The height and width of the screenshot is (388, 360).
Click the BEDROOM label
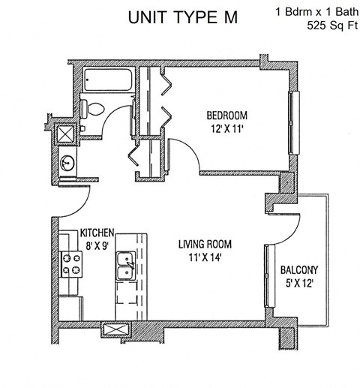(x=227, y=115)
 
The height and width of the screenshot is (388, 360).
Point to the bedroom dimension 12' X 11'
(x=227, y=128)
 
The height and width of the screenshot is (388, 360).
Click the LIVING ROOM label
(x=204, y=245)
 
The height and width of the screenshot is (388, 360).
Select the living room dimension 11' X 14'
(x=204, y=258)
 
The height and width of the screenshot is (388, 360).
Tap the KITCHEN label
(x=97, y=233)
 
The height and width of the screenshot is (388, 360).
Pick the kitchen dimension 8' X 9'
(x=97, y=244)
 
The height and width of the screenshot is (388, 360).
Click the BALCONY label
(x=299, y=270)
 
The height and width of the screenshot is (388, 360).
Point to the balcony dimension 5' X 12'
(x=299, y=284)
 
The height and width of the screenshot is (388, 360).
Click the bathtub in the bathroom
(x=109, y=80)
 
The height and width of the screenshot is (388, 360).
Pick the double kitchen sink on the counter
(x=125, y=266)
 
